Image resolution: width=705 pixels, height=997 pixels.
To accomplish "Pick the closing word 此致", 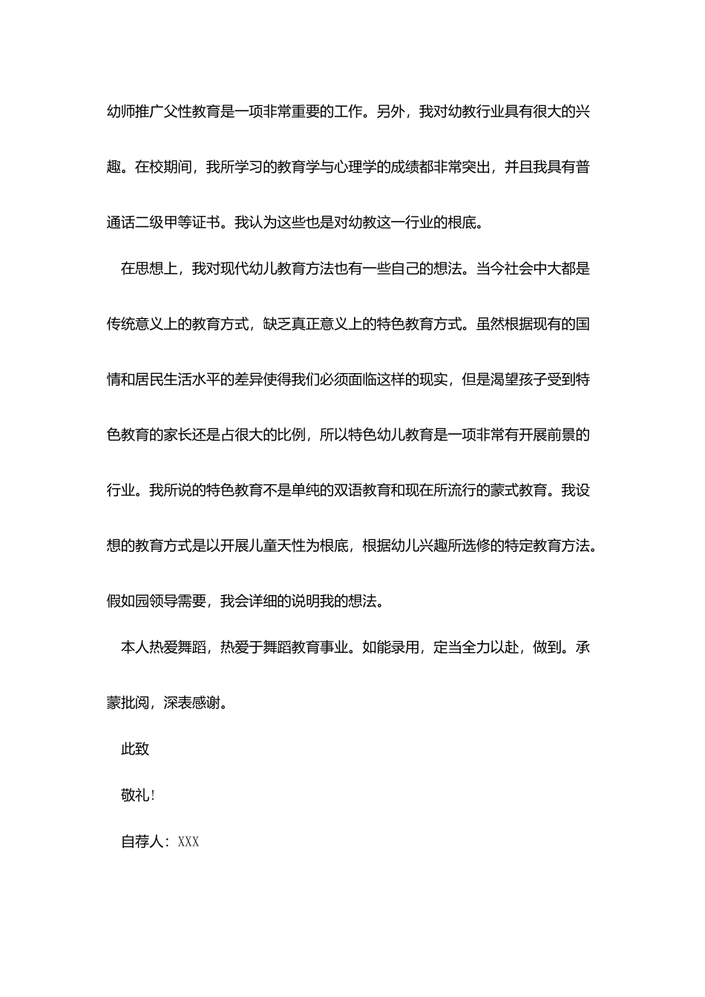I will tap(135, 748).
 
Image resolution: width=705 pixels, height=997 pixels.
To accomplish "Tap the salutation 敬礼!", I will tap(138, 795).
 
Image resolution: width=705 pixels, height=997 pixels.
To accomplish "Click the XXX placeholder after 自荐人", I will tap(188, 842).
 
